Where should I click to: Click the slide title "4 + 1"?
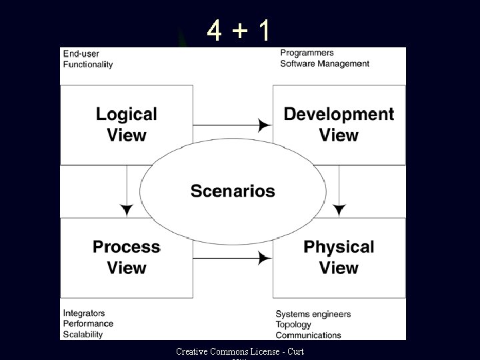pos(238,29)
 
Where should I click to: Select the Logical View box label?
pos(127,125)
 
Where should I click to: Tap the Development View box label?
pos(339,125)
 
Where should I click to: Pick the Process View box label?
pos(127,257)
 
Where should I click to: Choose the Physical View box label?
pos(339,257)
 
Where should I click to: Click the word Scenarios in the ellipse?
pos(233,191)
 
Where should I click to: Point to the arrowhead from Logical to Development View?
pos(265,125)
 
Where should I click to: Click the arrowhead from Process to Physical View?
pos(265,257)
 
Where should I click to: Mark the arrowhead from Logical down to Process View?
pos(127,210)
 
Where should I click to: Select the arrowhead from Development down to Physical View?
pos(339,210)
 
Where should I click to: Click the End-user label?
pos(81,53)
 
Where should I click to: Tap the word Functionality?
pos(88,65)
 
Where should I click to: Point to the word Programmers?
pos(307,53)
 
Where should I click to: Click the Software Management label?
pos(324,64)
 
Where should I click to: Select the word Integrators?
pos(84,313)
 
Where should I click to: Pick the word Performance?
pos(88,323)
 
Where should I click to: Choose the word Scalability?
pos(84,334)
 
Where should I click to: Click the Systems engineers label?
pos(313,314)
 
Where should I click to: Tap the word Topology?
pos(293,325)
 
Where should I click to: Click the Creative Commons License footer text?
pos(239,351)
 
